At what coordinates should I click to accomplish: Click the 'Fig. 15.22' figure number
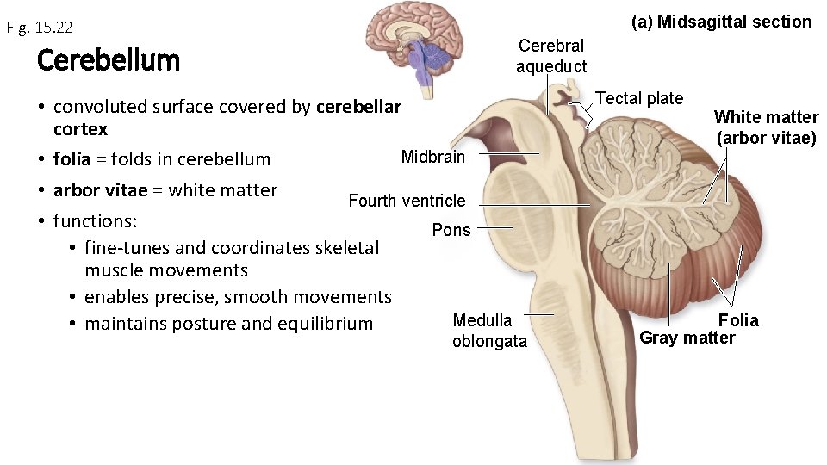[39, 28]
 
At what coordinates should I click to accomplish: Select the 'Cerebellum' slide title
[109, 60]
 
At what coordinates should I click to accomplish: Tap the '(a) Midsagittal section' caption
[721, 22]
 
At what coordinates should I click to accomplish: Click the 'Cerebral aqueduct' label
[551, 56]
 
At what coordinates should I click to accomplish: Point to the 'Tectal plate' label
[639, 98]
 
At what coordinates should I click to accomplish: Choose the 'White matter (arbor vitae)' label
[766, 127]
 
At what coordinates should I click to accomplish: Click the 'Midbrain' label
[432, 157]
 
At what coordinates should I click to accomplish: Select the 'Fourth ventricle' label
[407, 201]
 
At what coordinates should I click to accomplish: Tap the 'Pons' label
[451, 230]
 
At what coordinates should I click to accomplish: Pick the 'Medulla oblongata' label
[489, 331]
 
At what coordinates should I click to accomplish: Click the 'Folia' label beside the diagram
[738, 320]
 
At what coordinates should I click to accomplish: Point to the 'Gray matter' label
[687, 338]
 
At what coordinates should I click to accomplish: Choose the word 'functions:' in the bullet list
[95, 220]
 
